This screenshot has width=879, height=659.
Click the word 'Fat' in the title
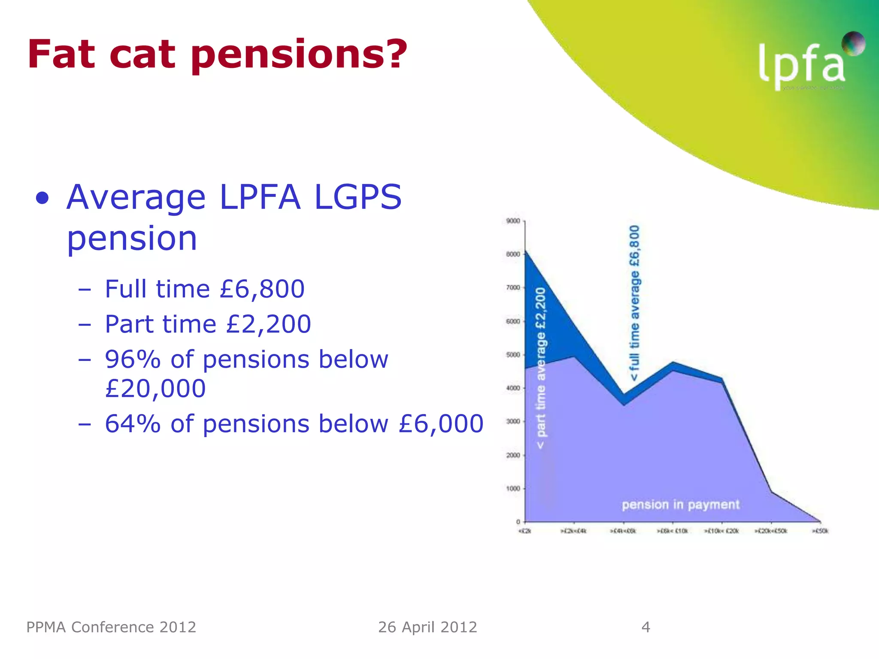(61, 54)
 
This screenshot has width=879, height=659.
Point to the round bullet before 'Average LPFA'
(42, 198)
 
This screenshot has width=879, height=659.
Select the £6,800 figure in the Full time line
(262, 289)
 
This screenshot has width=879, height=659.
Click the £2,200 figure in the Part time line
(269, 324)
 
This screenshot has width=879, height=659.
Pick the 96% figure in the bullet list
(133, 359)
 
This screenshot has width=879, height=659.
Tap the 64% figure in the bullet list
(133, 424)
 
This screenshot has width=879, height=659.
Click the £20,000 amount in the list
(155, 389)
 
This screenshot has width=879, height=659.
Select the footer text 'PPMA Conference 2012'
(111, 627)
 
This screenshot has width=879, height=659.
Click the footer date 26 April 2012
(427, 627)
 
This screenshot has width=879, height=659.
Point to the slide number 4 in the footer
(646, 627)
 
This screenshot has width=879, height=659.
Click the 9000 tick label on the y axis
(513, 221)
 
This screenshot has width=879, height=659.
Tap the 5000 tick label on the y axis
(513, 355)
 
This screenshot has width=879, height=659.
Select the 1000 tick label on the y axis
(513, 489)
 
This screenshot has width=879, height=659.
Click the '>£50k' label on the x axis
(820, 531)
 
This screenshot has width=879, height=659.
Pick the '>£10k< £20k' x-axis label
(721, 531)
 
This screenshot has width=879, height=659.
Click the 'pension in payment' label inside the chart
(680, 505)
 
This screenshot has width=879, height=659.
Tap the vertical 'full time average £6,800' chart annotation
(634, 303)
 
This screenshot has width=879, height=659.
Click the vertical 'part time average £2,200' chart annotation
(541, 368)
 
